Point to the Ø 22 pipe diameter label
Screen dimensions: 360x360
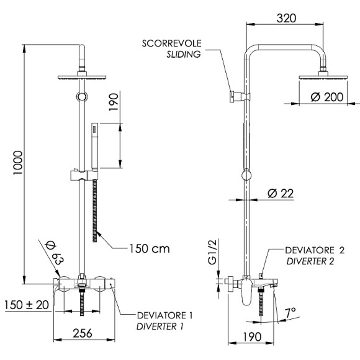point(279,193)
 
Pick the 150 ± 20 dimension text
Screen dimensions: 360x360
point(25,305)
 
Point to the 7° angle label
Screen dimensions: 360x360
point(291,310)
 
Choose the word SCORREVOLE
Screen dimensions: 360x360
point(171,43)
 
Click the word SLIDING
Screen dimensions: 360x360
point(183,55)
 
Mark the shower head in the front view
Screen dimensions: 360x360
point(81,78)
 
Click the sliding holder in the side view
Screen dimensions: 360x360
point(235,96)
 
